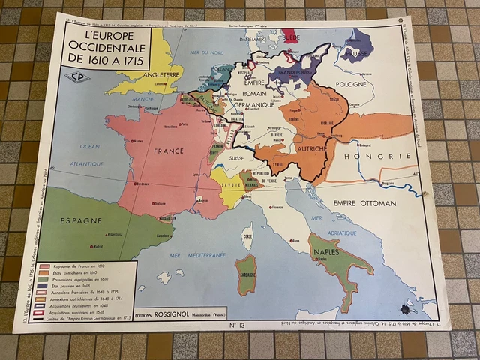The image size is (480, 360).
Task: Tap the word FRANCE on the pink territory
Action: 168,151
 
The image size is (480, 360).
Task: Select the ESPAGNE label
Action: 77,221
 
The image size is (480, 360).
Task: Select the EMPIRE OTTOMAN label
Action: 355,203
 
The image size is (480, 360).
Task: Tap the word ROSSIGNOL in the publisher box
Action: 190,315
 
